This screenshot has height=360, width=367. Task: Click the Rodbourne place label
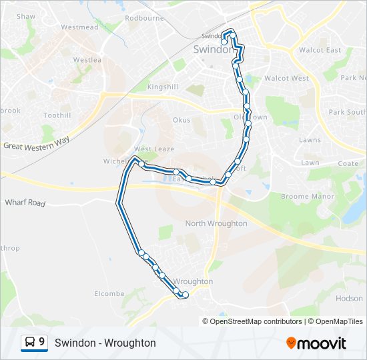[144, 19]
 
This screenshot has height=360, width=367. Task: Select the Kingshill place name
[163, 87]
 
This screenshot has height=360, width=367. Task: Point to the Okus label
[181, 120]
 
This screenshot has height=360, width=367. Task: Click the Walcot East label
[320, 50]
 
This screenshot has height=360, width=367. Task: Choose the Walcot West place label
[286, 78]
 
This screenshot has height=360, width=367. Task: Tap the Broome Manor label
[304, 196]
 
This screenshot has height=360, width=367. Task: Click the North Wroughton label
[216, 223]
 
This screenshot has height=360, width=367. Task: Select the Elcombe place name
[109, 293]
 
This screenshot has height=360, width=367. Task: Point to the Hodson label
[349, 299]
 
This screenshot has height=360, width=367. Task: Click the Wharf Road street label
[25, 203]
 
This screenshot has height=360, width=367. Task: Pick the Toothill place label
[57, 115]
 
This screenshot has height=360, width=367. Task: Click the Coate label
[348, 163]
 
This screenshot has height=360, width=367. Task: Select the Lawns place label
[310, 140]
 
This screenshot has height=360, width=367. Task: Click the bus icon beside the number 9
[30, 343]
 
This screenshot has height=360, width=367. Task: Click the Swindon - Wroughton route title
[105, 343]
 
